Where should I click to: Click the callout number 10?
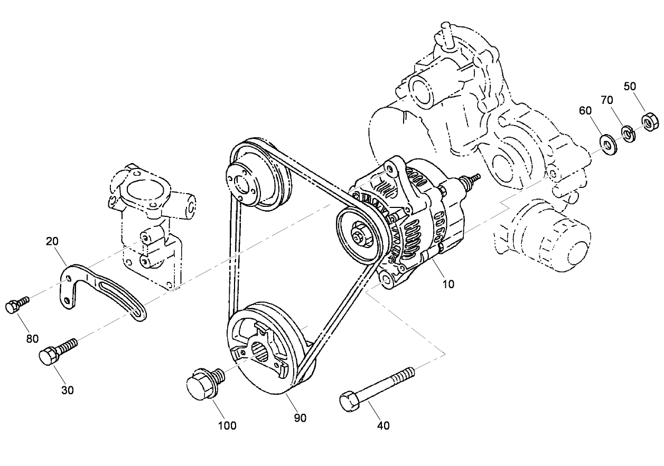pos(448,284)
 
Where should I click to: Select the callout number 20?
pos(52,241)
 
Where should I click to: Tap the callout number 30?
pos(68,390)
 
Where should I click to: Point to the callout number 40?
pos(384,425)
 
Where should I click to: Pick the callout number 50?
pos(630,86)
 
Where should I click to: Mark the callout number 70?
pos(606,100)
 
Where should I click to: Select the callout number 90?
pos(300,417)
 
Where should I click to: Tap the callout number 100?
pos(228,425)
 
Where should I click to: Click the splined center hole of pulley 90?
pos(260,350)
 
